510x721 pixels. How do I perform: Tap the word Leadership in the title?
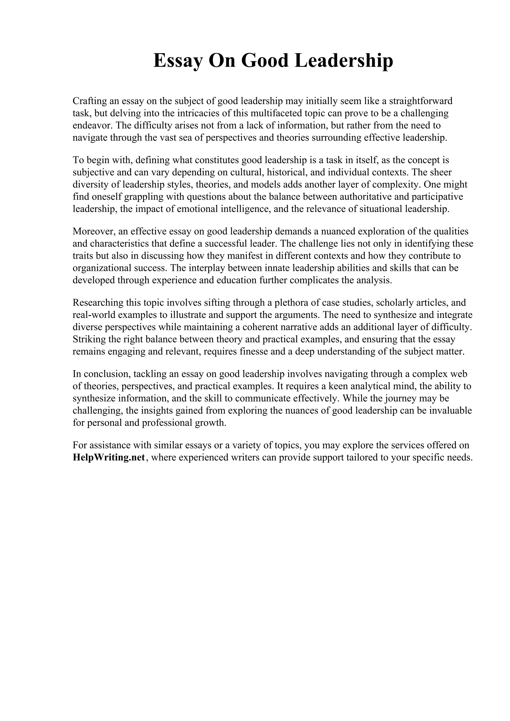click(343, 61)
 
